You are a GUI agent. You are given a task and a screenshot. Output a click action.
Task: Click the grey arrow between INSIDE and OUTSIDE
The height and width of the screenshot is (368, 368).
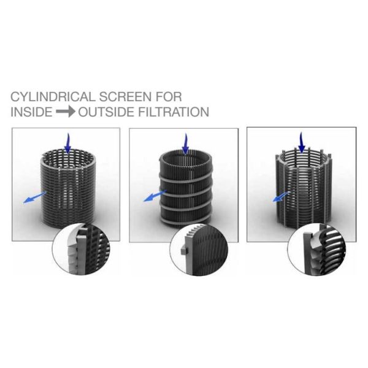tap(66, 112)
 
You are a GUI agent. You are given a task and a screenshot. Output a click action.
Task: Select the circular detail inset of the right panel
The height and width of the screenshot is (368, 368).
tap(311, 251)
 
